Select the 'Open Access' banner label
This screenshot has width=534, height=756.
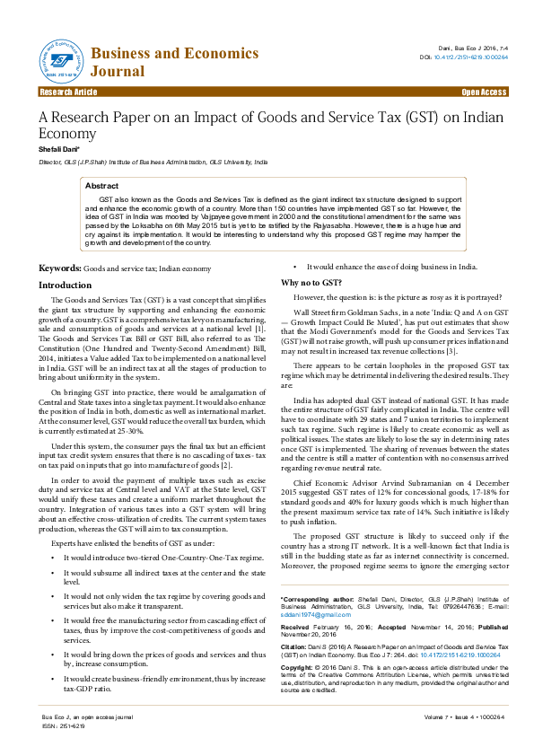point(484,92)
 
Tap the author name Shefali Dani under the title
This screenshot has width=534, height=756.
point(58,148)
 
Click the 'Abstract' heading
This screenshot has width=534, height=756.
point(101,185)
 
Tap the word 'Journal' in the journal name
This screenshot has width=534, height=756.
point(117,72)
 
